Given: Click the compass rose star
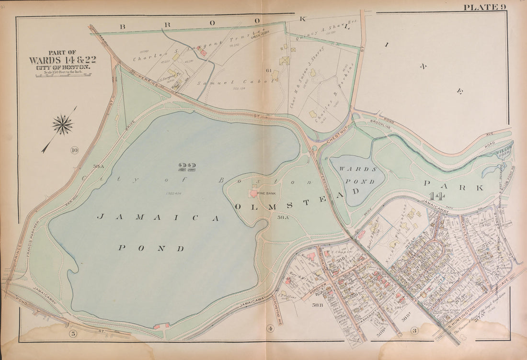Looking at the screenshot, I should (x=62, y=125).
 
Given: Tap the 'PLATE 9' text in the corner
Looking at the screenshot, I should (x=483, y=6).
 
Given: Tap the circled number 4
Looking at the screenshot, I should (x=270, y=328).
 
